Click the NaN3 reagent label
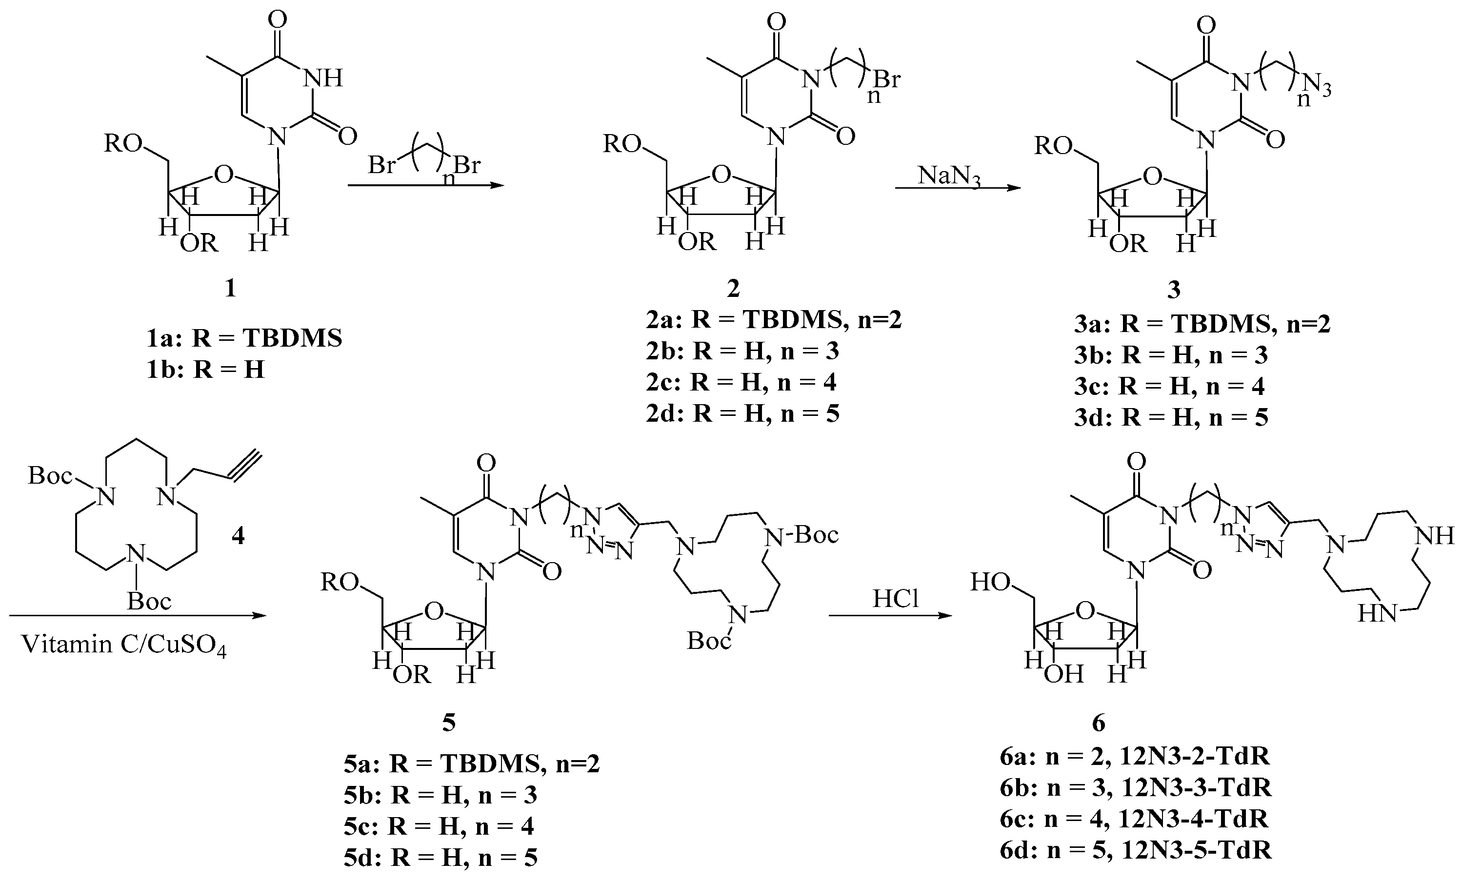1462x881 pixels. click(949, 176)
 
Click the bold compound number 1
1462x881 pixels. click(230, 289)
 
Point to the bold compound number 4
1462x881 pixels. click(238, 536)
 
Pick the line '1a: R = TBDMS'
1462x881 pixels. click(244, 338)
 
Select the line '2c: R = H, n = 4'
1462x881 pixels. click(741, 382)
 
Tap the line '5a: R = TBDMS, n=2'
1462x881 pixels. click(472, 764)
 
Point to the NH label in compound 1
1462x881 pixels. click(323, 78)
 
